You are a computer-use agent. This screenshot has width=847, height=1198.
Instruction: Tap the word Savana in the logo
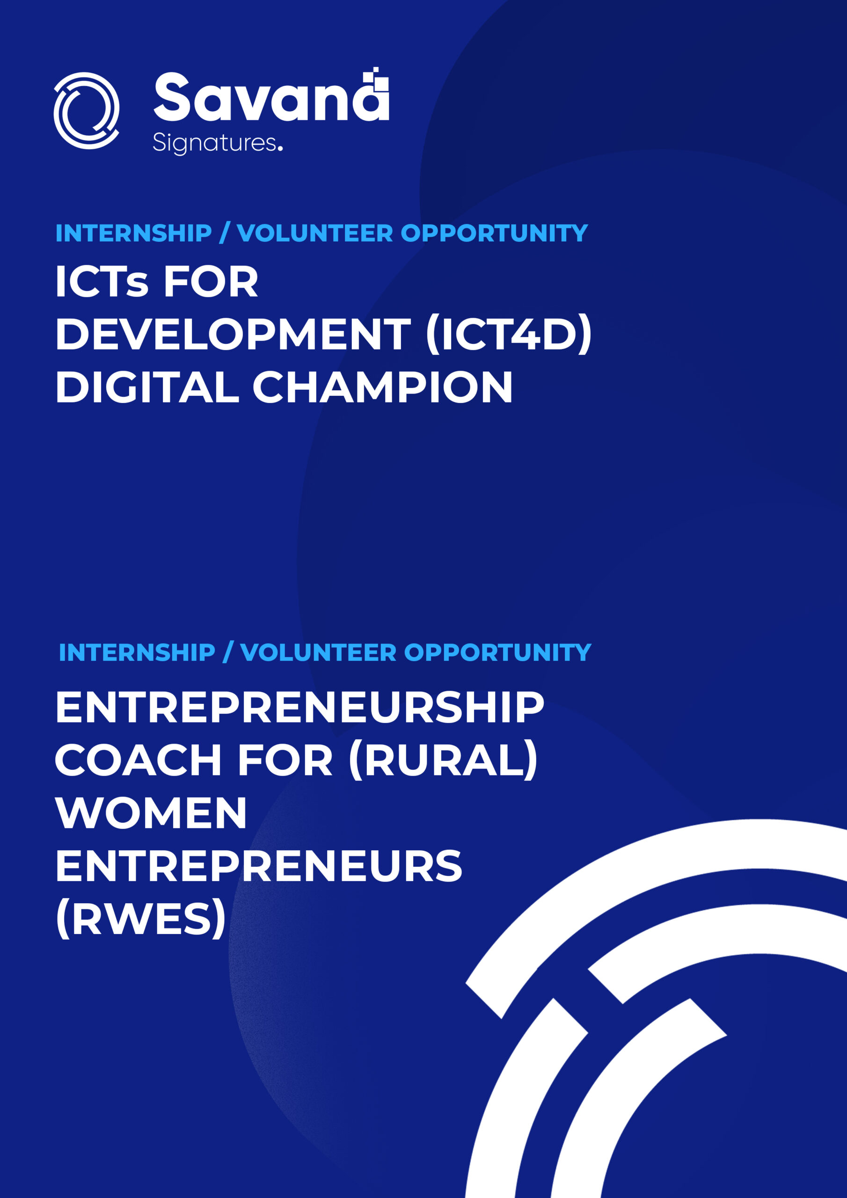pyautogui.click(x=271, y=98)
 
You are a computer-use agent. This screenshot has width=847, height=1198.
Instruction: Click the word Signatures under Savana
pyautogui.click(x=214, y=144)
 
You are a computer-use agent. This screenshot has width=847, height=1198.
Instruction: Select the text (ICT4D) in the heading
pyautogui.click(x=509, y=334)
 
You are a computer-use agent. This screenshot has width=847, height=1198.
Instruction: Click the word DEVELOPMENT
pyautogui.click(x=233, y=334)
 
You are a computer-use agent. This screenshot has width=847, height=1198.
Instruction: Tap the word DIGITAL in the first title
pyautogui.click(x=147, y=387)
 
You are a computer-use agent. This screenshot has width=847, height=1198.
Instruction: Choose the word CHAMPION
pyautogui.click(x=382, y=387)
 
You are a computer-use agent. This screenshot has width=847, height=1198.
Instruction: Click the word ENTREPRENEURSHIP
pyautogui.click(x=299, y=708)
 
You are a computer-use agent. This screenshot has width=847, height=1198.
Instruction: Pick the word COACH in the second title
pyautogui.click(x=139, y=760)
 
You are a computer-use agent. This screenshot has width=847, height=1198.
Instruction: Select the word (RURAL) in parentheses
pyautogui.click(x=443, y=760)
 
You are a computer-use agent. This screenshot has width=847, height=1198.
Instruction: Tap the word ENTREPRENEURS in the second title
pyautogui.click(x=259, y=866)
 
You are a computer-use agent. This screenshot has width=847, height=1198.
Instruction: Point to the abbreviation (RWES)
pyautogui.click(x=141, y=920)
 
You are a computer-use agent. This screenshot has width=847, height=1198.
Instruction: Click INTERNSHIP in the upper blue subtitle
pyautogui.click(x=133, y=233)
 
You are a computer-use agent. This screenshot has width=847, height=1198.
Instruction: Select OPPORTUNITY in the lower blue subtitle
pyautogui.click(x=497, y=653)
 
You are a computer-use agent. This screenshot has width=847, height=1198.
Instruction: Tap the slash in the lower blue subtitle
pyautogui.click(x=227, y=653)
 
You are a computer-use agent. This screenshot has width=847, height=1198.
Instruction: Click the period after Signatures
pyautogui.click(x=280, y=149)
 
